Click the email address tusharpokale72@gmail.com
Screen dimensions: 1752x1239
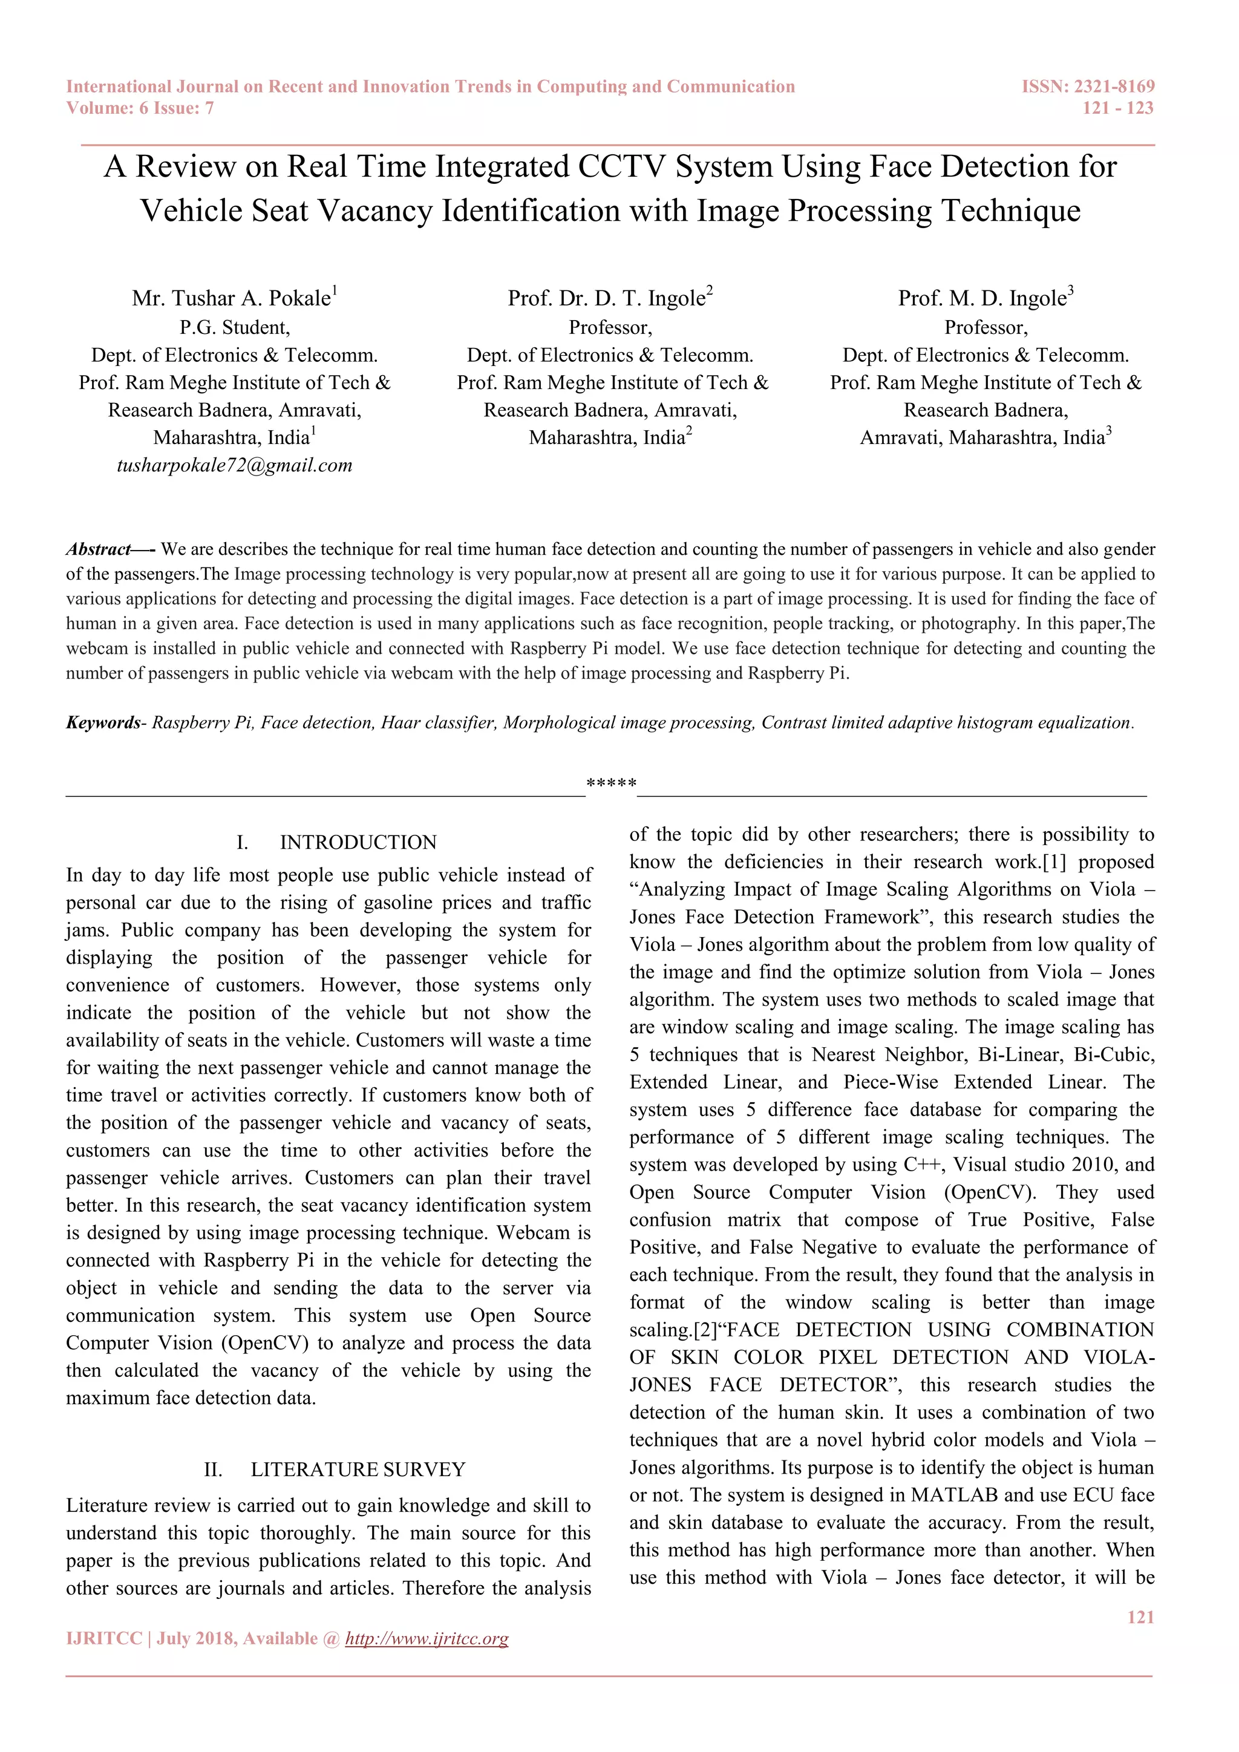tap(234, 465)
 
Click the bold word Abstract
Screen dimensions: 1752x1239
tap(99, 549)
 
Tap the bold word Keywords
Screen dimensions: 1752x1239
tap(103, 722)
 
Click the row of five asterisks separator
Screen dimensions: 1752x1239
tap(611, 783)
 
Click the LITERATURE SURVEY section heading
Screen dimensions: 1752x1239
tap(358, 1469)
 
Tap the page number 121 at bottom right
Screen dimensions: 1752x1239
tap(1140, 1617)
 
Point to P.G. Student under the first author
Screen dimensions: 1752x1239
tap(234, 327)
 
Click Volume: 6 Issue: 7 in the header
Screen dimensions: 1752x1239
tap(140, 108)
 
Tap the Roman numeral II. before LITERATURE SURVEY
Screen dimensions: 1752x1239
tap(213, 1469)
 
